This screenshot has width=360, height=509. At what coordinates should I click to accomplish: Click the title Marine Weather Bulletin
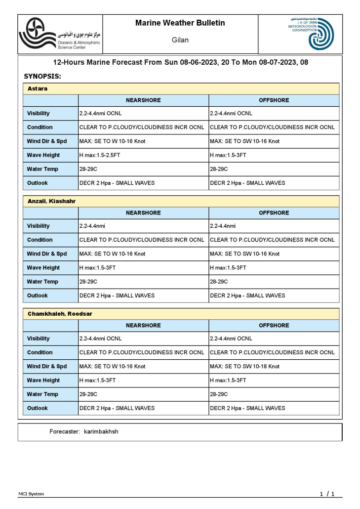tap(180, 23)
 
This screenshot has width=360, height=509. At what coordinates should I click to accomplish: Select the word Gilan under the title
tap(180, 40)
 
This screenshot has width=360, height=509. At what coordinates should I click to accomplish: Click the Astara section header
tap(38, 88)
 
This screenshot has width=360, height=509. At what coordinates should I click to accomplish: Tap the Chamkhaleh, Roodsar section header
tap(60, 314)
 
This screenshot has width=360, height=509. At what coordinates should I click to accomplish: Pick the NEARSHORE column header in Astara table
tap(143, 100)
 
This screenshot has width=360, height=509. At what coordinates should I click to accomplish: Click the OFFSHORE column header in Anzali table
tap(274, 213)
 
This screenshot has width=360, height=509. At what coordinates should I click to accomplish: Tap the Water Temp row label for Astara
tap(42, 169)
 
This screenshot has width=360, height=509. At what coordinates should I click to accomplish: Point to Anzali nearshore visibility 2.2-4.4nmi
tap(92, 226)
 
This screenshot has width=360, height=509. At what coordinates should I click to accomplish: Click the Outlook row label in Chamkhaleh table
tap(38, 408)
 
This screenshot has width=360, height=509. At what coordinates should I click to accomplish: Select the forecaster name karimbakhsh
tap(98, 431)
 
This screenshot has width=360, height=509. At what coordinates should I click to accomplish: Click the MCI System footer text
tap(31, 494)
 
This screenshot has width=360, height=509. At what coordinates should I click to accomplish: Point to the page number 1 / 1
tap(327, 494)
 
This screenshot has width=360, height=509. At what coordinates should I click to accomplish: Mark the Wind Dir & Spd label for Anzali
tap(47, 254)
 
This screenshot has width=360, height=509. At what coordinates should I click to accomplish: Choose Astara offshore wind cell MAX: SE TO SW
tap(244, 141)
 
